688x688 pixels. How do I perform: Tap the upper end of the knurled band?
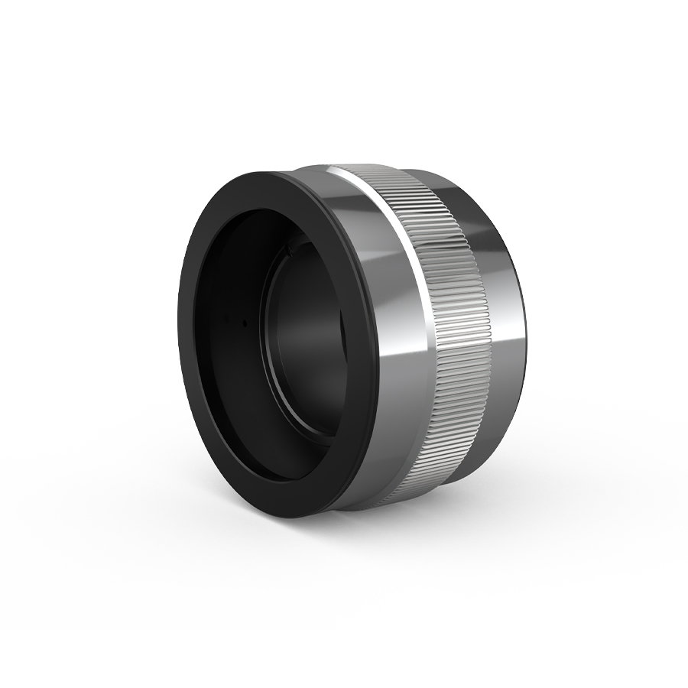pos(382,173)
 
